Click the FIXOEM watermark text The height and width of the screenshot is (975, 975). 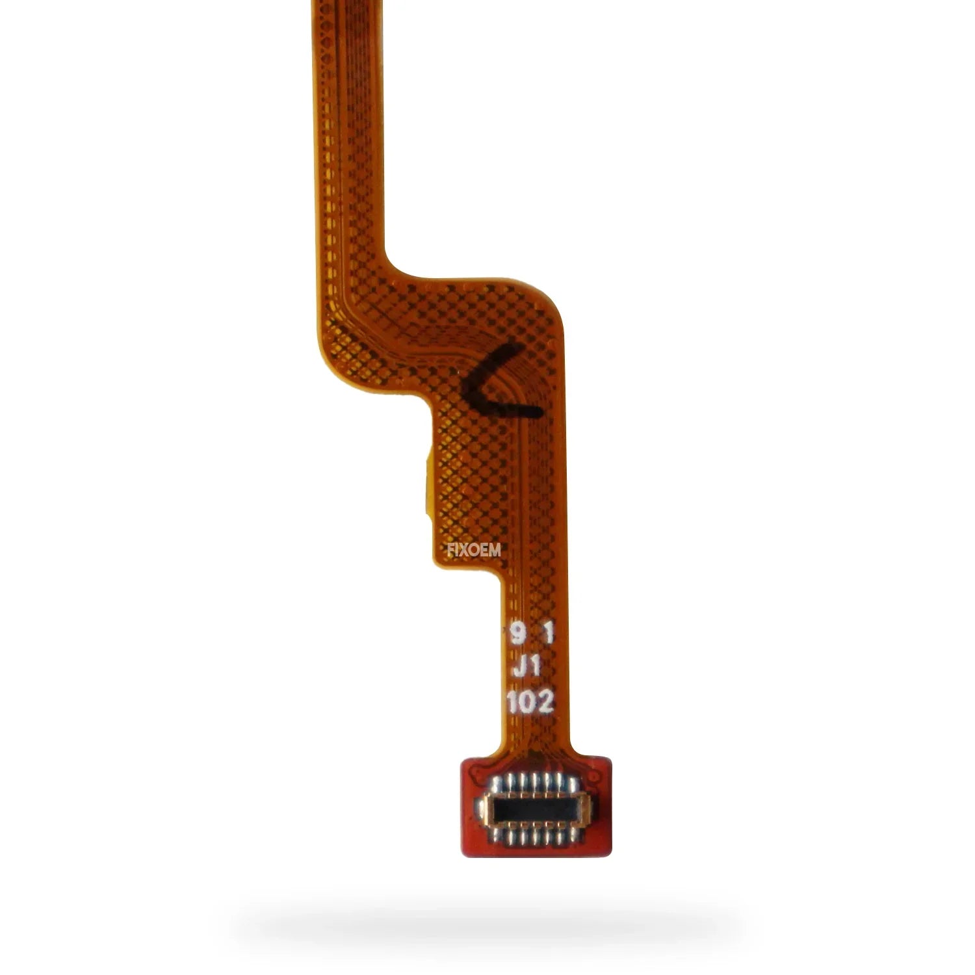point(474,551)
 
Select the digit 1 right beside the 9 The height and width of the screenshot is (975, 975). point(547,634)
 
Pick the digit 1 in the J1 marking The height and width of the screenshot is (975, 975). point(536,668)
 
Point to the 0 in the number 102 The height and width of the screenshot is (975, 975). point(528,702)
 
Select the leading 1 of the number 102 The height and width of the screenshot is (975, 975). point(513,702)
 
